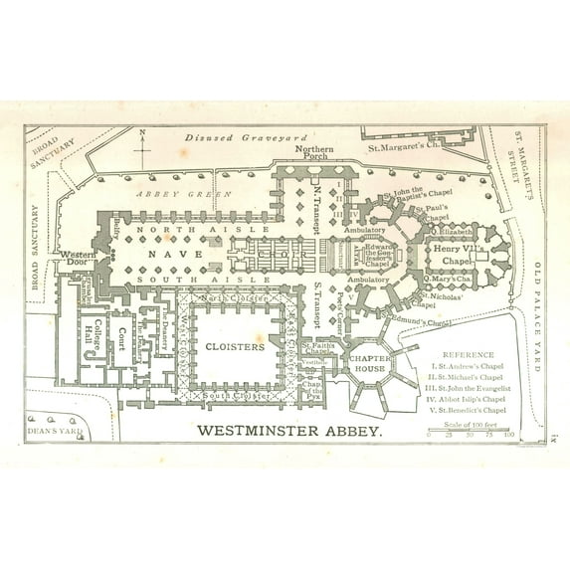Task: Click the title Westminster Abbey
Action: click(x=289, y=431)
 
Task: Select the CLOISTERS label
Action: click(x=238, y=347)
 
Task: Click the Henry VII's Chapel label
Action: click(x=461, y=254)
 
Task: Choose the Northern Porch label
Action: click(x=315, y=153)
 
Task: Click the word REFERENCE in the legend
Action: click(x=467, y=353)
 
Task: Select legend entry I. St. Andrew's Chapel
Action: click(x=467, y=365)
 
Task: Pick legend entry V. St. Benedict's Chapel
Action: click(x=467, y=410)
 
